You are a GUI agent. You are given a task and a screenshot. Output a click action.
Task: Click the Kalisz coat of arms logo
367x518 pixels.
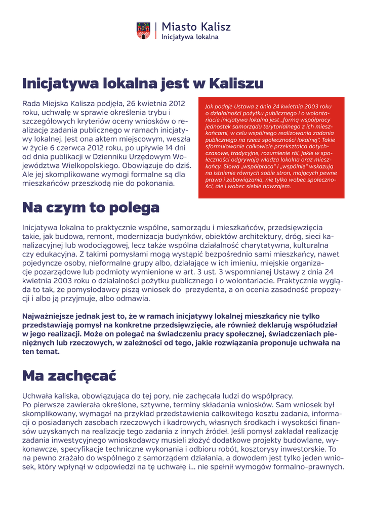(x=143, y=30)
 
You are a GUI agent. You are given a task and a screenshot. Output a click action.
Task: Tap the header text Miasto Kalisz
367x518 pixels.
(x=196, y=27)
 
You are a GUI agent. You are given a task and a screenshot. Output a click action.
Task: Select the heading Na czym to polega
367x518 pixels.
(x=91, y=207)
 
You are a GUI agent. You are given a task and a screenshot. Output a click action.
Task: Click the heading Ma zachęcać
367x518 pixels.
(x=69, y=376)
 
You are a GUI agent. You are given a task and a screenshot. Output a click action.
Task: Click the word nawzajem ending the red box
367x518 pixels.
(x=277, y=186)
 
